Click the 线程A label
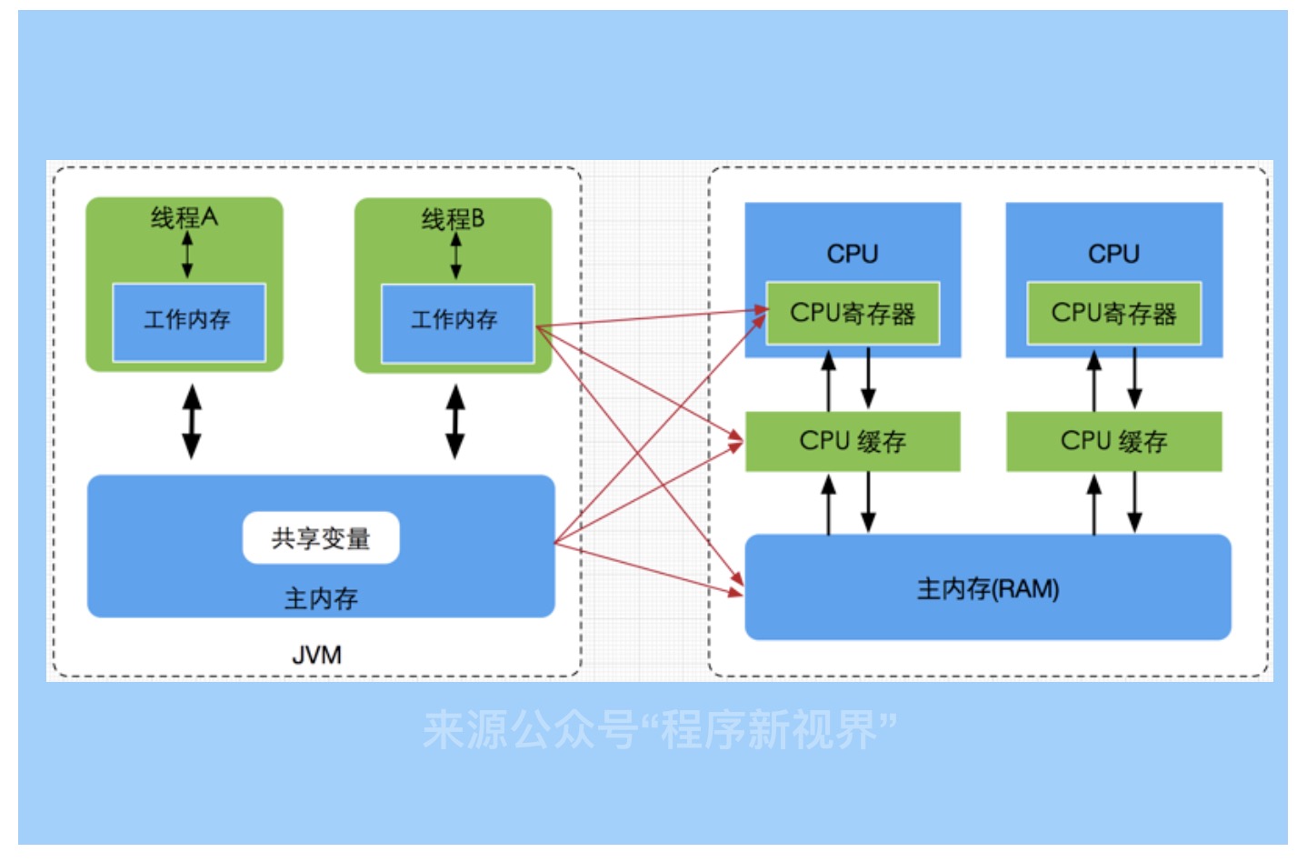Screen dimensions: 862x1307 click(x=184, y=217)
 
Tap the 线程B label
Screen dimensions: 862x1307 click(x=453, y=219)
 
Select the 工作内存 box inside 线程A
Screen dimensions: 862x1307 click(x=188, y=321)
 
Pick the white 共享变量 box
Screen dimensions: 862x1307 click(x=321, y=538)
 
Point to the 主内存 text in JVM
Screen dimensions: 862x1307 click(x=321, y=598)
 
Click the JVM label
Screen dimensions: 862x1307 click(x=316, y=655)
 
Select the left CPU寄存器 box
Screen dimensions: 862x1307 click(x=852, y=314)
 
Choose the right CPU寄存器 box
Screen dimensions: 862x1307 click(x=1113, y=314)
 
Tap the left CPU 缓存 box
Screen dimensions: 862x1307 click(x=852, y=442)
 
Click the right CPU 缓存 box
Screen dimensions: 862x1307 click(x=1113, y=442)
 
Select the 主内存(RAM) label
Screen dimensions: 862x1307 click(x=988, y=589)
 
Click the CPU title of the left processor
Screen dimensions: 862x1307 click(x=852, y=254)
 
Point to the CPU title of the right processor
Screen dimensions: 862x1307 click(x=1113, y=254)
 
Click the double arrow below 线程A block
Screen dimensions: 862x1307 click(x=192, y=421)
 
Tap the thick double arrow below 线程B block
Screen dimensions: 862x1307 click(x=455, y=421)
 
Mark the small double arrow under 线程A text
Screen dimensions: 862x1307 click(x=187, y=255)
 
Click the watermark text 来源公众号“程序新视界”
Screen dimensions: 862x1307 click(x=659, y=729)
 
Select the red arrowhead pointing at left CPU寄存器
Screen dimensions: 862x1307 click(x=761, y=311)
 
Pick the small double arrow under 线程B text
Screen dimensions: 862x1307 click(x=455, y=256)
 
